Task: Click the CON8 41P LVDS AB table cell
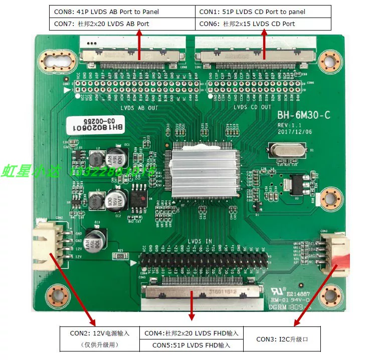122,12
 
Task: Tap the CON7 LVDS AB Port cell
122,24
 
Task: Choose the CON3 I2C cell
282,339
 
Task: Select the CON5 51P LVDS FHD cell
191,345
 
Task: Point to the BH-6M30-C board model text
304,116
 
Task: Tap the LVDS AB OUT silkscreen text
139,107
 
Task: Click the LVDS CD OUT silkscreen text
252,107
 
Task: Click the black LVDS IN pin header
201,260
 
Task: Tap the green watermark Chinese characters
31,172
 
